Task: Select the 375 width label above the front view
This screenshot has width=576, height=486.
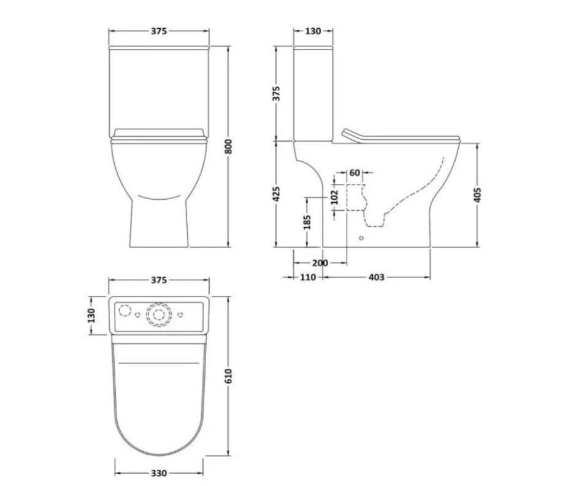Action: pos(159,31)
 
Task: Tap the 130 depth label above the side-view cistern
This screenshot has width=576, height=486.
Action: pos(313,31)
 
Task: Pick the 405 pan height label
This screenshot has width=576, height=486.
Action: pos(478,194)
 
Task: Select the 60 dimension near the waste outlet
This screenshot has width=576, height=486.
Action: pos(355,173)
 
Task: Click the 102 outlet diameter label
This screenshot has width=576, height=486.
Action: pos(334,197)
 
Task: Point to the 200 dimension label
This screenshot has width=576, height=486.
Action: pos(320,263)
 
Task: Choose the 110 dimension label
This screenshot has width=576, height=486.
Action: pos(308,278)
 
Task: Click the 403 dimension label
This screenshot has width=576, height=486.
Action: pos(376,278)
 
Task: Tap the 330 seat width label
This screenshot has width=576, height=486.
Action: pos(159,473)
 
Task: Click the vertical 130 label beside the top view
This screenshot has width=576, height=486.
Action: pos(91,316)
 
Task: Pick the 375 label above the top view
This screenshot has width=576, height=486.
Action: pos(159,280)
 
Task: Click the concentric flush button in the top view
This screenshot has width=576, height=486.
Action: pos(159,314)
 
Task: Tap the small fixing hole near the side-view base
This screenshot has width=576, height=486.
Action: pos(361,238)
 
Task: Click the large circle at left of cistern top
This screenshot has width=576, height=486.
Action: pos(125,310)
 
